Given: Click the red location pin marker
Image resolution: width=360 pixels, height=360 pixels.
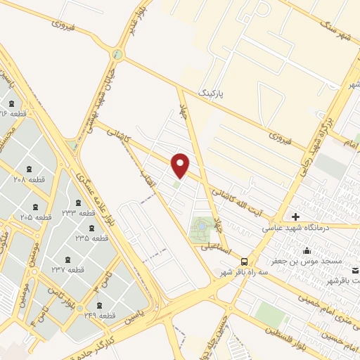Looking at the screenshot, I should pos(181,165).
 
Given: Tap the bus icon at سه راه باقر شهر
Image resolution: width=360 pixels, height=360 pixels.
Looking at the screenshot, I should pos(245,259).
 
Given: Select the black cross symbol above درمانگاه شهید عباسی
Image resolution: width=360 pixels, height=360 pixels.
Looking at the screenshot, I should pos(295,216).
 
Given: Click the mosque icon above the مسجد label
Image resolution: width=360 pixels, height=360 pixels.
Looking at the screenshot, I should pos(307,250).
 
